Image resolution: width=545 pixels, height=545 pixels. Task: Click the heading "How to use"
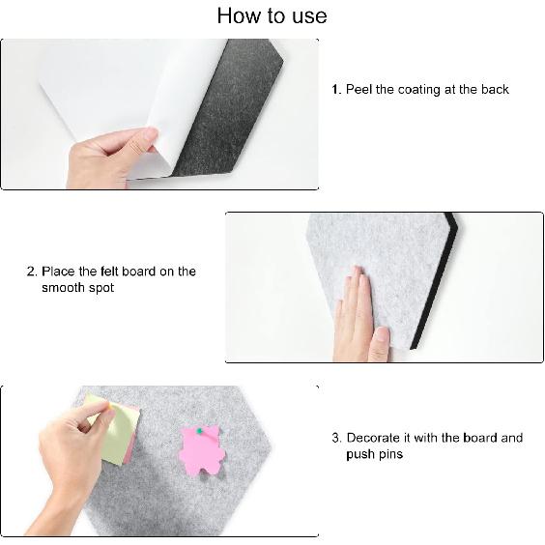click(272, 15)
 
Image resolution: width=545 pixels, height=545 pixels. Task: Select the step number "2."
click(32, 272)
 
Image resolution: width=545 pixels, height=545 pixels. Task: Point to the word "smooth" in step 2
click(65, 288)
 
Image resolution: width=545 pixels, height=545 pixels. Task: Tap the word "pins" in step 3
click(388, 454)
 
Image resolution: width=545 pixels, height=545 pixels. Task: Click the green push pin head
click(198, 432)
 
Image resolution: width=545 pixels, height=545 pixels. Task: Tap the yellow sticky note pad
click(114, 429)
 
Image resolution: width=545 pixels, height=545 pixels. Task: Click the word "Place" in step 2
click(58, 272)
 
